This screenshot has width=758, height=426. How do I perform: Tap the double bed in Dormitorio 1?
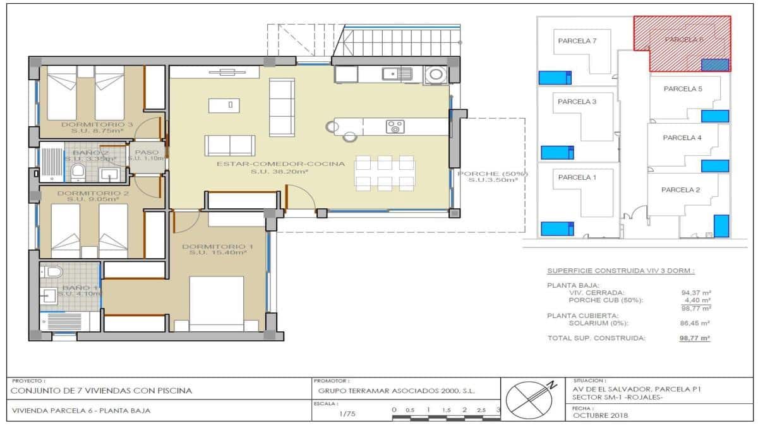click(217, 303)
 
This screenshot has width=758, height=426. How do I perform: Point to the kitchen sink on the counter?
click(396, 74)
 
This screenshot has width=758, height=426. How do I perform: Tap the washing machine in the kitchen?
click(435, 74)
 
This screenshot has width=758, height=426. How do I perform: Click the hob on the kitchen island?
click(395, 126)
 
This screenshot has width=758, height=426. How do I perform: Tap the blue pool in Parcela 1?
click(555, 228)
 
